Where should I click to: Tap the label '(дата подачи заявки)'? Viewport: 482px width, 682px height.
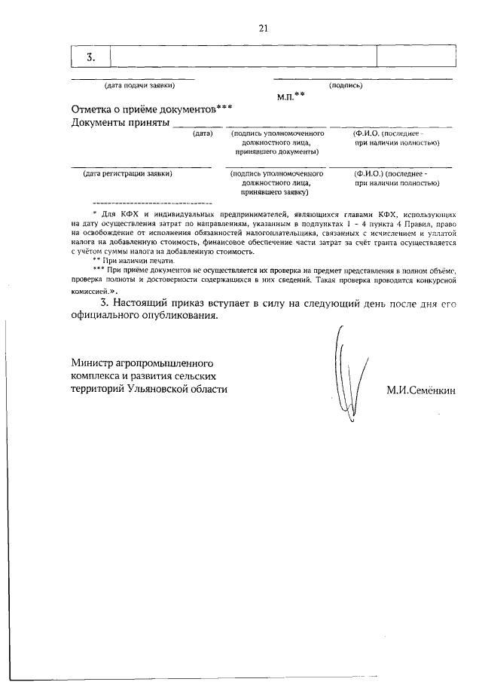click(133, 85)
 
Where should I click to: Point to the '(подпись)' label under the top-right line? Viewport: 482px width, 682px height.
click(346, 85)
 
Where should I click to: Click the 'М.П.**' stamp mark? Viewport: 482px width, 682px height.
click(291, 96)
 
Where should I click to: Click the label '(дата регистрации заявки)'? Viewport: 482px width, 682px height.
click(128, 173)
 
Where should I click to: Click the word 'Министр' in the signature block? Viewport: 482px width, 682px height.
click(94, 360)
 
